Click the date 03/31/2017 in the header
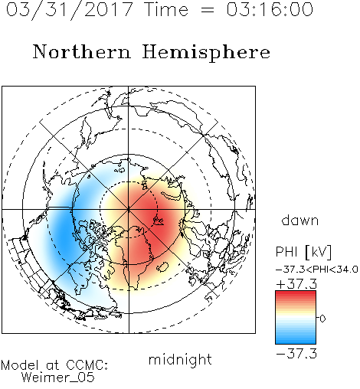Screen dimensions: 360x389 pyautogui.click(x=70, y=10)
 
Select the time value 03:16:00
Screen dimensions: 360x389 pyautogui.click(x=270, y=9)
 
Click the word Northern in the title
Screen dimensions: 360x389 pyautogui.click(x=82, y=52)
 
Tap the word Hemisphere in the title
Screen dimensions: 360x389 pyautogui.click(x=206, y=53)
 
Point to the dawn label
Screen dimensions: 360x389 pyautogui.click(x=300, y=220)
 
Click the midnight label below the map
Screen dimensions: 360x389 pyautogui.click(x=180, y=360)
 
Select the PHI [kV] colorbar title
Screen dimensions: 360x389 pyautogui.click(x=303, y=252)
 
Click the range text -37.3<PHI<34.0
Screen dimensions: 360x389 pyautogui.click(x=317, y=270)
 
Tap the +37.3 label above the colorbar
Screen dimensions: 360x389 pyautogui.click(x=296, y=284)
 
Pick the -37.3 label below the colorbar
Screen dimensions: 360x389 pyautogui.click(x=296, y=354)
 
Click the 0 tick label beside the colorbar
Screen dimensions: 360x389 pyautogui.click(x=322, y=319)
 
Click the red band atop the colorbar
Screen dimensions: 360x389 pyautogui.click(x=296, y=294)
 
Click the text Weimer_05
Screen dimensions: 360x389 pyautogui.click(x=57, y=378)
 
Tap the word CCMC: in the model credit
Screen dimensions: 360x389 pyautogui.click(x=87, y=365)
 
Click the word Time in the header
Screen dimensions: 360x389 pyautogui.click(x=166, y=9)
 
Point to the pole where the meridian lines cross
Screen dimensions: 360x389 pyautogui.click(x=129, y=209)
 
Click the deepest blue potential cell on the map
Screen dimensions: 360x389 pyautogui.click(x=64, y=231)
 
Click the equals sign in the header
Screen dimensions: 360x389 pyautogui.click(x=208, y=10)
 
